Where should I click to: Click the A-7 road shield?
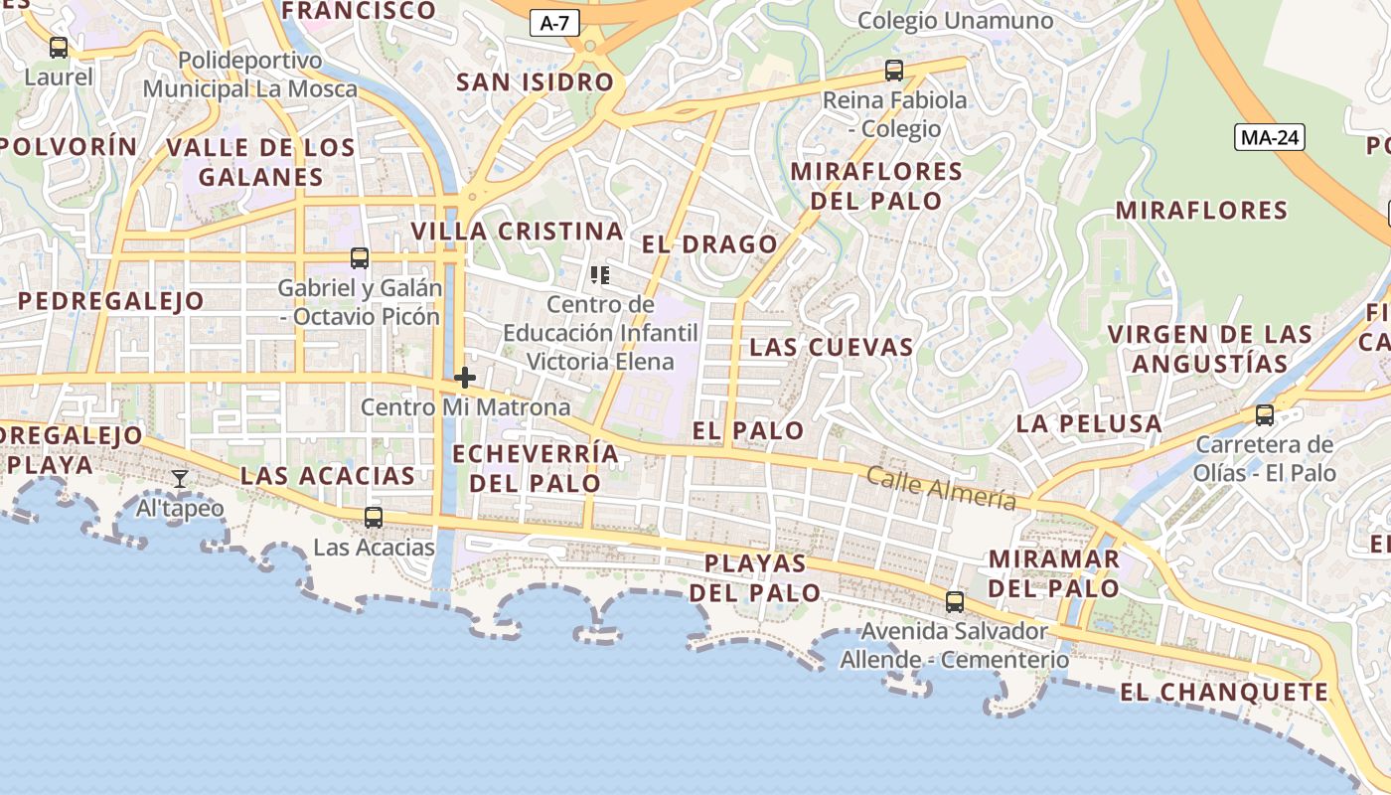coord(554,24)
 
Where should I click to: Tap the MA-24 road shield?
coord(1269,137)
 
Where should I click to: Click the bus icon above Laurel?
coord(59,47)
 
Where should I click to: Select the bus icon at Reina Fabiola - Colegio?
coord(894,71)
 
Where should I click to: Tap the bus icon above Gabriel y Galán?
coord(360,258)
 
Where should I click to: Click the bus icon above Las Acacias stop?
coord(374,517)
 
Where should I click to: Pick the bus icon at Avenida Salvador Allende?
coord(955,601)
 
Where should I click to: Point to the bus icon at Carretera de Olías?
coord(1265,414)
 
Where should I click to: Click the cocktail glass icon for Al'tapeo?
coord(180,479)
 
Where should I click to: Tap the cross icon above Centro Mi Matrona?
coord(464,378)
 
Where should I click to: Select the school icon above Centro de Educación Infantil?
coord(600,274)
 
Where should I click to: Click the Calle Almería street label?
coord(942,488)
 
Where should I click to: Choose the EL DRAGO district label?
coord(709,244)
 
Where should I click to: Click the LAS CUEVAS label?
coord(831,347)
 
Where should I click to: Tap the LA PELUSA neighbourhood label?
coord(1088,423)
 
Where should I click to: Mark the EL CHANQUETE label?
coord(1224,692)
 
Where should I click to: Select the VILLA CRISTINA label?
coord(517,232)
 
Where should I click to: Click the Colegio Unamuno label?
coord(955,21)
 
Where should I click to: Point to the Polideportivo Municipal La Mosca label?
coord(249,75)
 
